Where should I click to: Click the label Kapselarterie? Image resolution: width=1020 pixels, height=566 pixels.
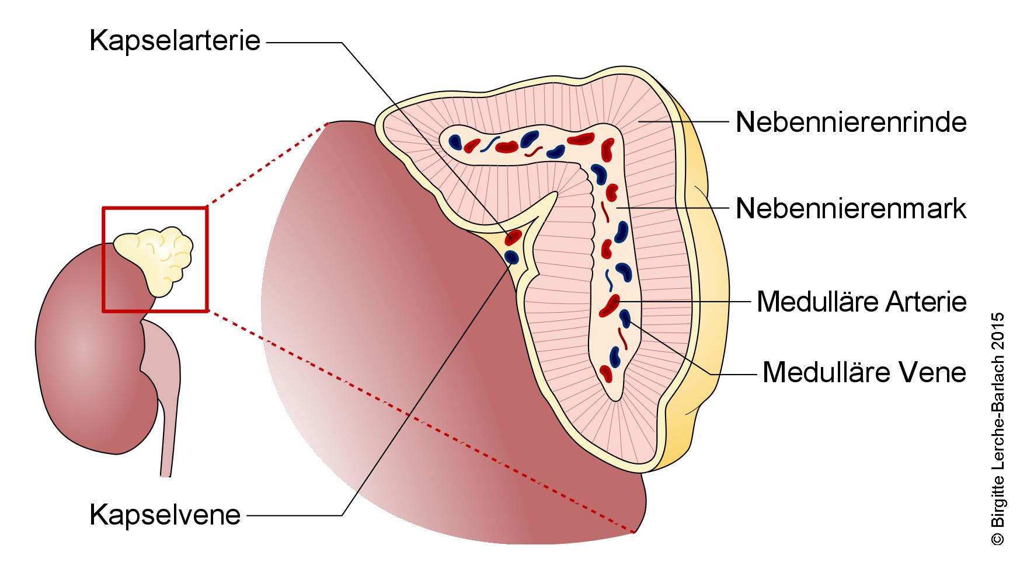[175, 41]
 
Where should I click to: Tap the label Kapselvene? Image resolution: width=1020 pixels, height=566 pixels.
[165, 515]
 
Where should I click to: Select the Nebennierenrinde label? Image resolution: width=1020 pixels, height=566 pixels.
[851, 122]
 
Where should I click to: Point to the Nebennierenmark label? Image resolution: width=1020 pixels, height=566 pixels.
[851, 208]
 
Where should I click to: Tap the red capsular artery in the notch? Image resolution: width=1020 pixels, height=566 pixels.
[514, 236]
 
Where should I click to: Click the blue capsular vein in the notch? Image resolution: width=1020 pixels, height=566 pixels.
[511, 256]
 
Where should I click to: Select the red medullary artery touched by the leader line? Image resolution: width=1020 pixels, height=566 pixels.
[610, 304]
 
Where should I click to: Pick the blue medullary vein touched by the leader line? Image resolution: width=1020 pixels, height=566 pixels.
[625, 317]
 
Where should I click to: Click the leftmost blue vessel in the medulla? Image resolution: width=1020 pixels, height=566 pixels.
[455, 141]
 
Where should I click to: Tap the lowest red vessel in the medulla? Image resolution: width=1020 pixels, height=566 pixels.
[607, 372]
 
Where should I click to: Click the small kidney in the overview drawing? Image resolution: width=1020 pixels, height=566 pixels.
[88, 350]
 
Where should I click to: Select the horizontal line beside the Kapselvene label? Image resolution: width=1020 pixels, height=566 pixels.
[295, 515]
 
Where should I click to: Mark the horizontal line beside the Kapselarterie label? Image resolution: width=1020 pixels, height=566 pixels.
[304, 42]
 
